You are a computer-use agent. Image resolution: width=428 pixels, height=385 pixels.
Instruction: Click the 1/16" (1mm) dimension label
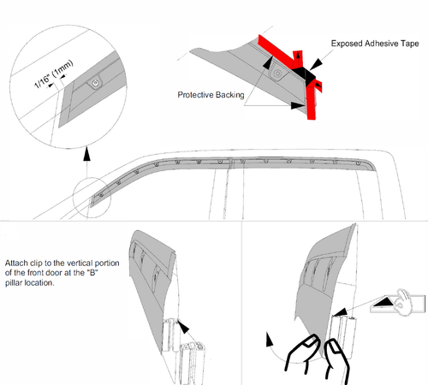(x=54, y=74)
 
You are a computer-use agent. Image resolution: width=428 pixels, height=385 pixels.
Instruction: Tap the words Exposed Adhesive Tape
(x=375, y=44)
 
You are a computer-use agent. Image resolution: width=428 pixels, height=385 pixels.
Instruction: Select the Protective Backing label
(x=211, y=95)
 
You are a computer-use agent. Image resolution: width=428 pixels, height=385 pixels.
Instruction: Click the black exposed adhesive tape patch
(x=304, y=74)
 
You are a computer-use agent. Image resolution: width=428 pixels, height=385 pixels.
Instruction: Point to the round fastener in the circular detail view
(x=96, y=83)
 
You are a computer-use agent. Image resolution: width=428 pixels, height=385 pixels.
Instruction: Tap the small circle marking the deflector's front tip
(x=92, y=197)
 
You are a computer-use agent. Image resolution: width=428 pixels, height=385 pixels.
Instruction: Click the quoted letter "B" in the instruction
(x=92, y=273)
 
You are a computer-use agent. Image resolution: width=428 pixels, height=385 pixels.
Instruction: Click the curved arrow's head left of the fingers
(x=269, y=339)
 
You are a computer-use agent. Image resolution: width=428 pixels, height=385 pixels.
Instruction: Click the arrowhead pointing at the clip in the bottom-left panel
(x=183, y=327)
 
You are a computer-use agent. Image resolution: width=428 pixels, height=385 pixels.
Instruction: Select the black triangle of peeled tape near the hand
(x=383, y=302)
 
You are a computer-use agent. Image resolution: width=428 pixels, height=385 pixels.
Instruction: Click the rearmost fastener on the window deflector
(x=358, y=163)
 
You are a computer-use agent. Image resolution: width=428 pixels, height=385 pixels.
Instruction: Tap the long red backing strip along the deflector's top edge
(x=276, y=50)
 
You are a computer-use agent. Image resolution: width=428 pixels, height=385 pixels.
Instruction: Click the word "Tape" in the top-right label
(x=410, y=44)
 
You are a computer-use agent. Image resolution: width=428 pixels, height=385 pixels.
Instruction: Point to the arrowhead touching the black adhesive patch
(x=316, y=64)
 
